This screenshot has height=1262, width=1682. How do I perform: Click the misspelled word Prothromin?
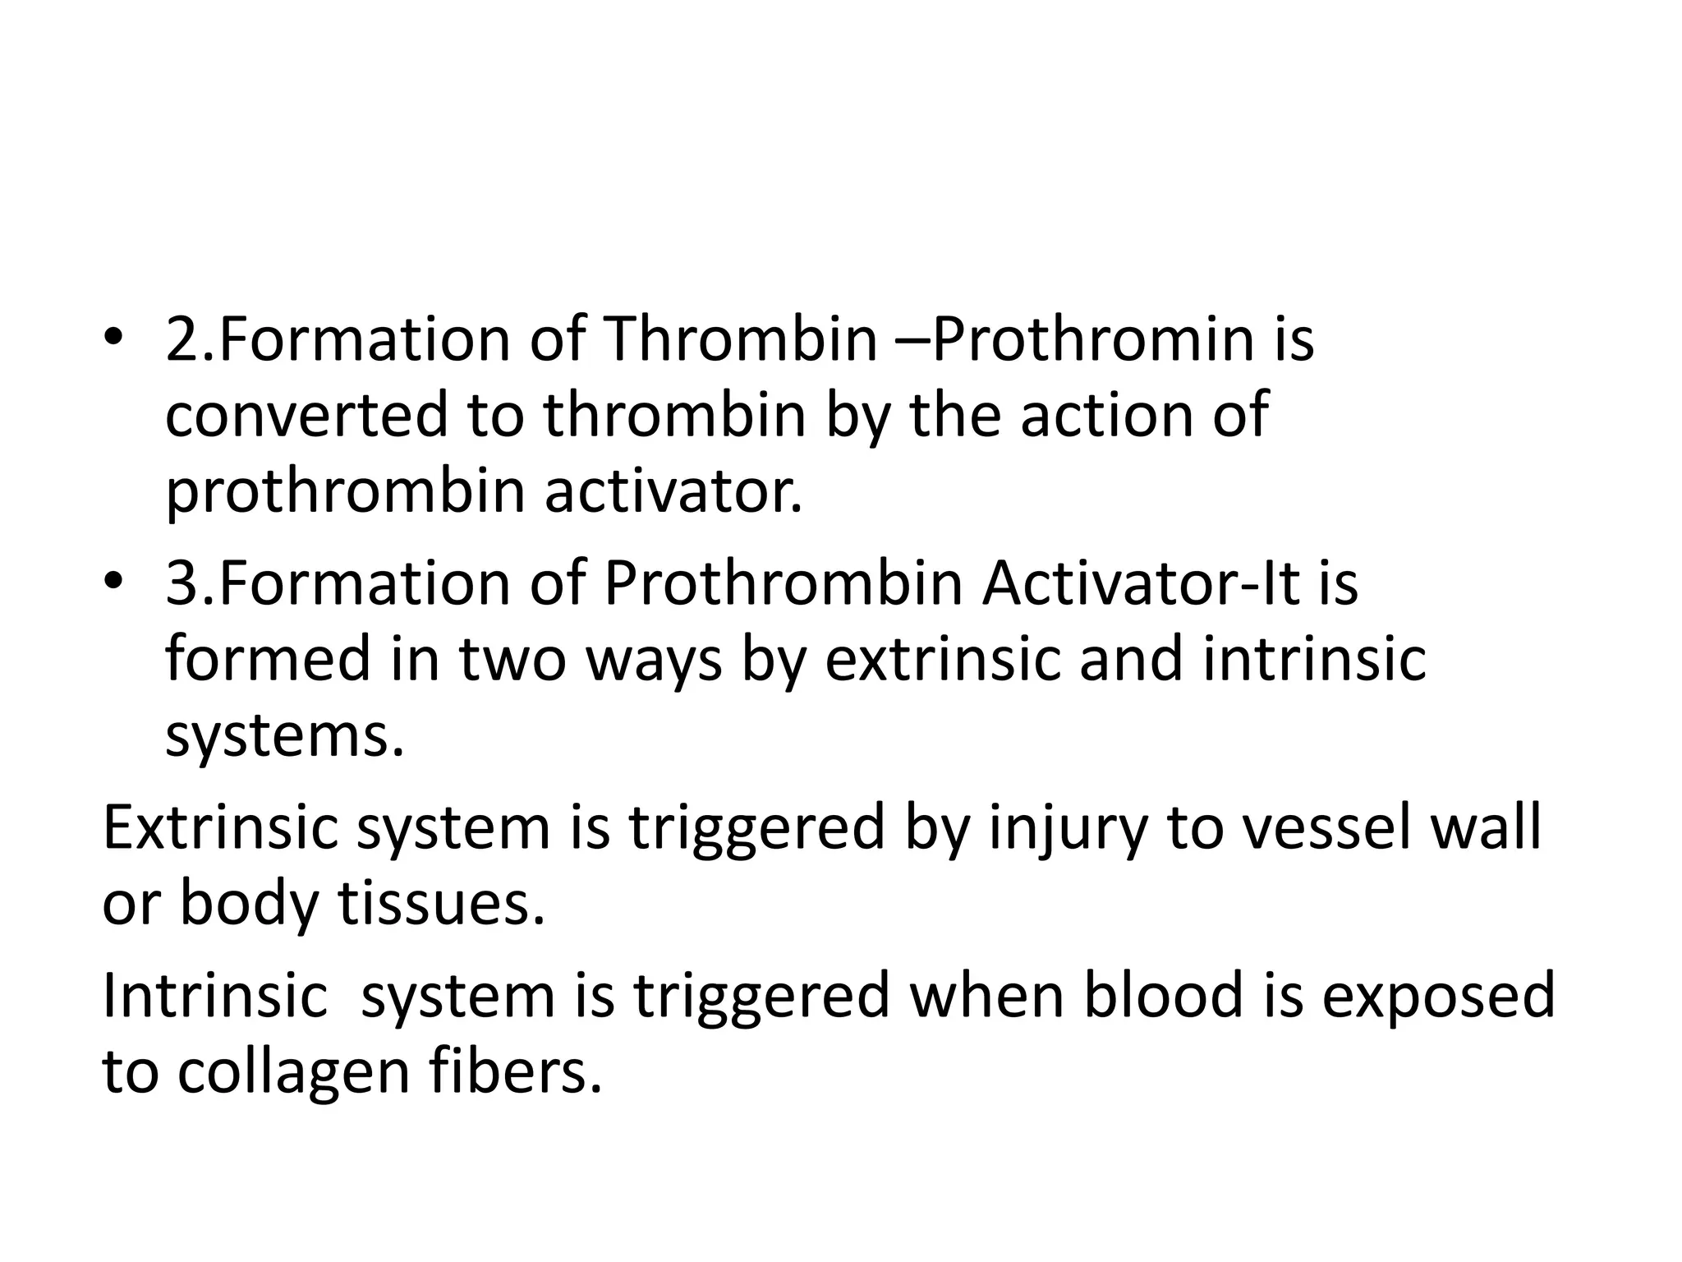point(1092,340)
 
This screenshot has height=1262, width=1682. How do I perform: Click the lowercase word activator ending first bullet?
point(673,491)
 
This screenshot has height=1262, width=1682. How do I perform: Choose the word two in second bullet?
point(513,660)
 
